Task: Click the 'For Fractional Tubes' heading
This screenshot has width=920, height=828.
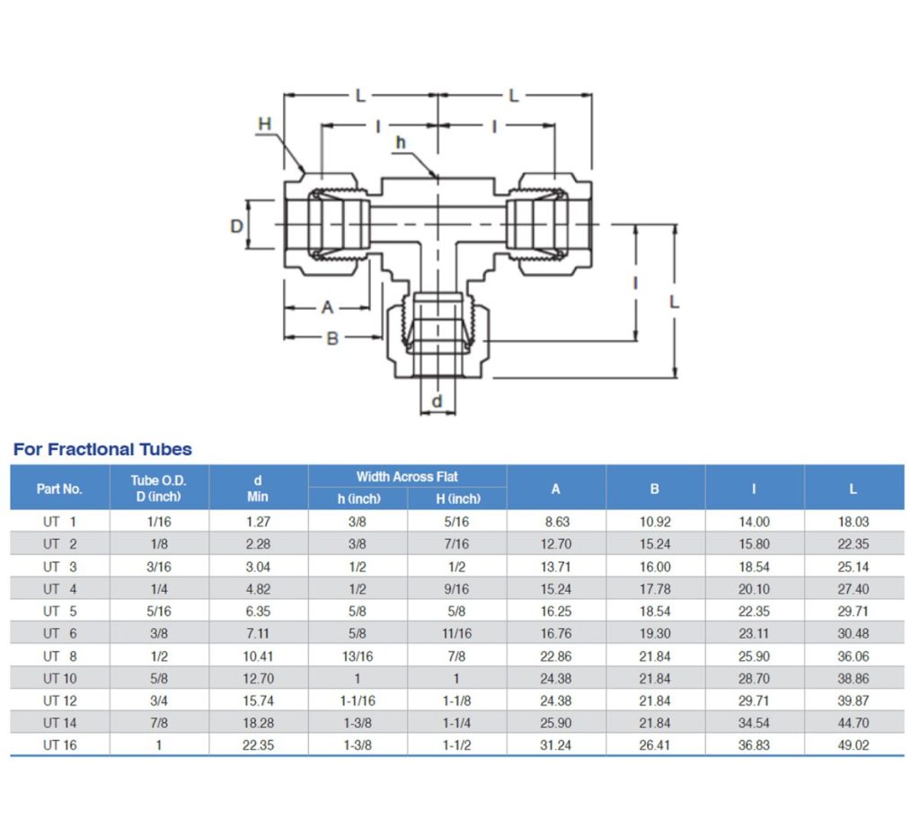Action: pos(102,449)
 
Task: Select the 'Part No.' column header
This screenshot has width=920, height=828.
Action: pos(59,489)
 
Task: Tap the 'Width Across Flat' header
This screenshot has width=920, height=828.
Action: pos(407,477)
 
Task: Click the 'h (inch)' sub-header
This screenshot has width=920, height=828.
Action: pos(358,498)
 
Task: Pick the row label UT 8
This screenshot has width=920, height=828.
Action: pos(59,656)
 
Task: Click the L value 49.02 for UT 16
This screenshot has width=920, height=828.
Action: pos(854,745)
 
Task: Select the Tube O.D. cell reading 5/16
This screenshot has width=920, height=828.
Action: pos(159,612)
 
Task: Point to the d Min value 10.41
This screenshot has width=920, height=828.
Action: pos(258,656)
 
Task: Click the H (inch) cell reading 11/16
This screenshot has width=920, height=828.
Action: pos(456,634)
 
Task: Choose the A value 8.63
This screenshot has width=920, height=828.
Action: pos(556,522)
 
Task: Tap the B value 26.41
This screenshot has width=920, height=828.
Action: pos(655,745)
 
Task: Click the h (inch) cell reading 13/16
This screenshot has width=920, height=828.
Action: pos(358,656)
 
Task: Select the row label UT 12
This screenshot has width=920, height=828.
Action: pos(59,700)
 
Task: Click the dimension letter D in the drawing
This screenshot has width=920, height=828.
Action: pos(237,225)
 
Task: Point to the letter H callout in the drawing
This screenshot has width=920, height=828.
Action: pos(264,123)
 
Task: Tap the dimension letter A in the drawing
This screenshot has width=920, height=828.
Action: pos(328,307)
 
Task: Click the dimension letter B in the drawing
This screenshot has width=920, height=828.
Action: pos(332,339)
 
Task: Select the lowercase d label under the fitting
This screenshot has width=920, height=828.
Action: pos(438,401)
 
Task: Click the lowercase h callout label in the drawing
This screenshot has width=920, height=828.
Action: pos(401,143)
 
